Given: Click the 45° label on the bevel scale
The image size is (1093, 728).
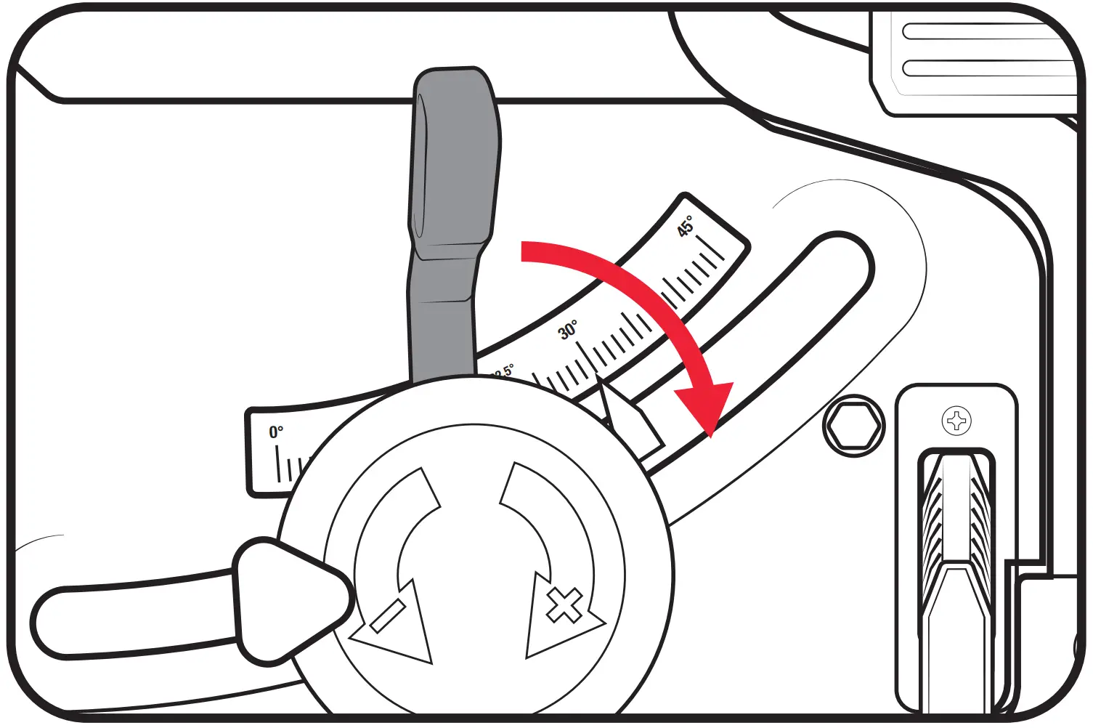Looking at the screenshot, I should coord(686,226).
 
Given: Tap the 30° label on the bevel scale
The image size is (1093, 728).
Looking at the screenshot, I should coord(568,331).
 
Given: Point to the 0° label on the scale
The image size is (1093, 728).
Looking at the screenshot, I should coord(276,432).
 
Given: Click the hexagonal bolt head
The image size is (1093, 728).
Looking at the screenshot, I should coord(855,426).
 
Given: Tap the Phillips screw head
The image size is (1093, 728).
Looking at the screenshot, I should coord(956,421).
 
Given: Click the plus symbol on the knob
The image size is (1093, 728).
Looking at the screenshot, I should coord(564,606).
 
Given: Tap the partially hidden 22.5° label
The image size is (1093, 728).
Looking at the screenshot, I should coord(503,372).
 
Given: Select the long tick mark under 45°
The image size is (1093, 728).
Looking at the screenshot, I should coord(710,247).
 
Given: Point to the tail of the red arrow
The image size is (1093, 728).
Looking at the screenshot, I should coord(524,251).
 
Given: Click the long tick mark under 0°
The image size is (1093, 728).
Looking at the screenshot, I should coord(278,463).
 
